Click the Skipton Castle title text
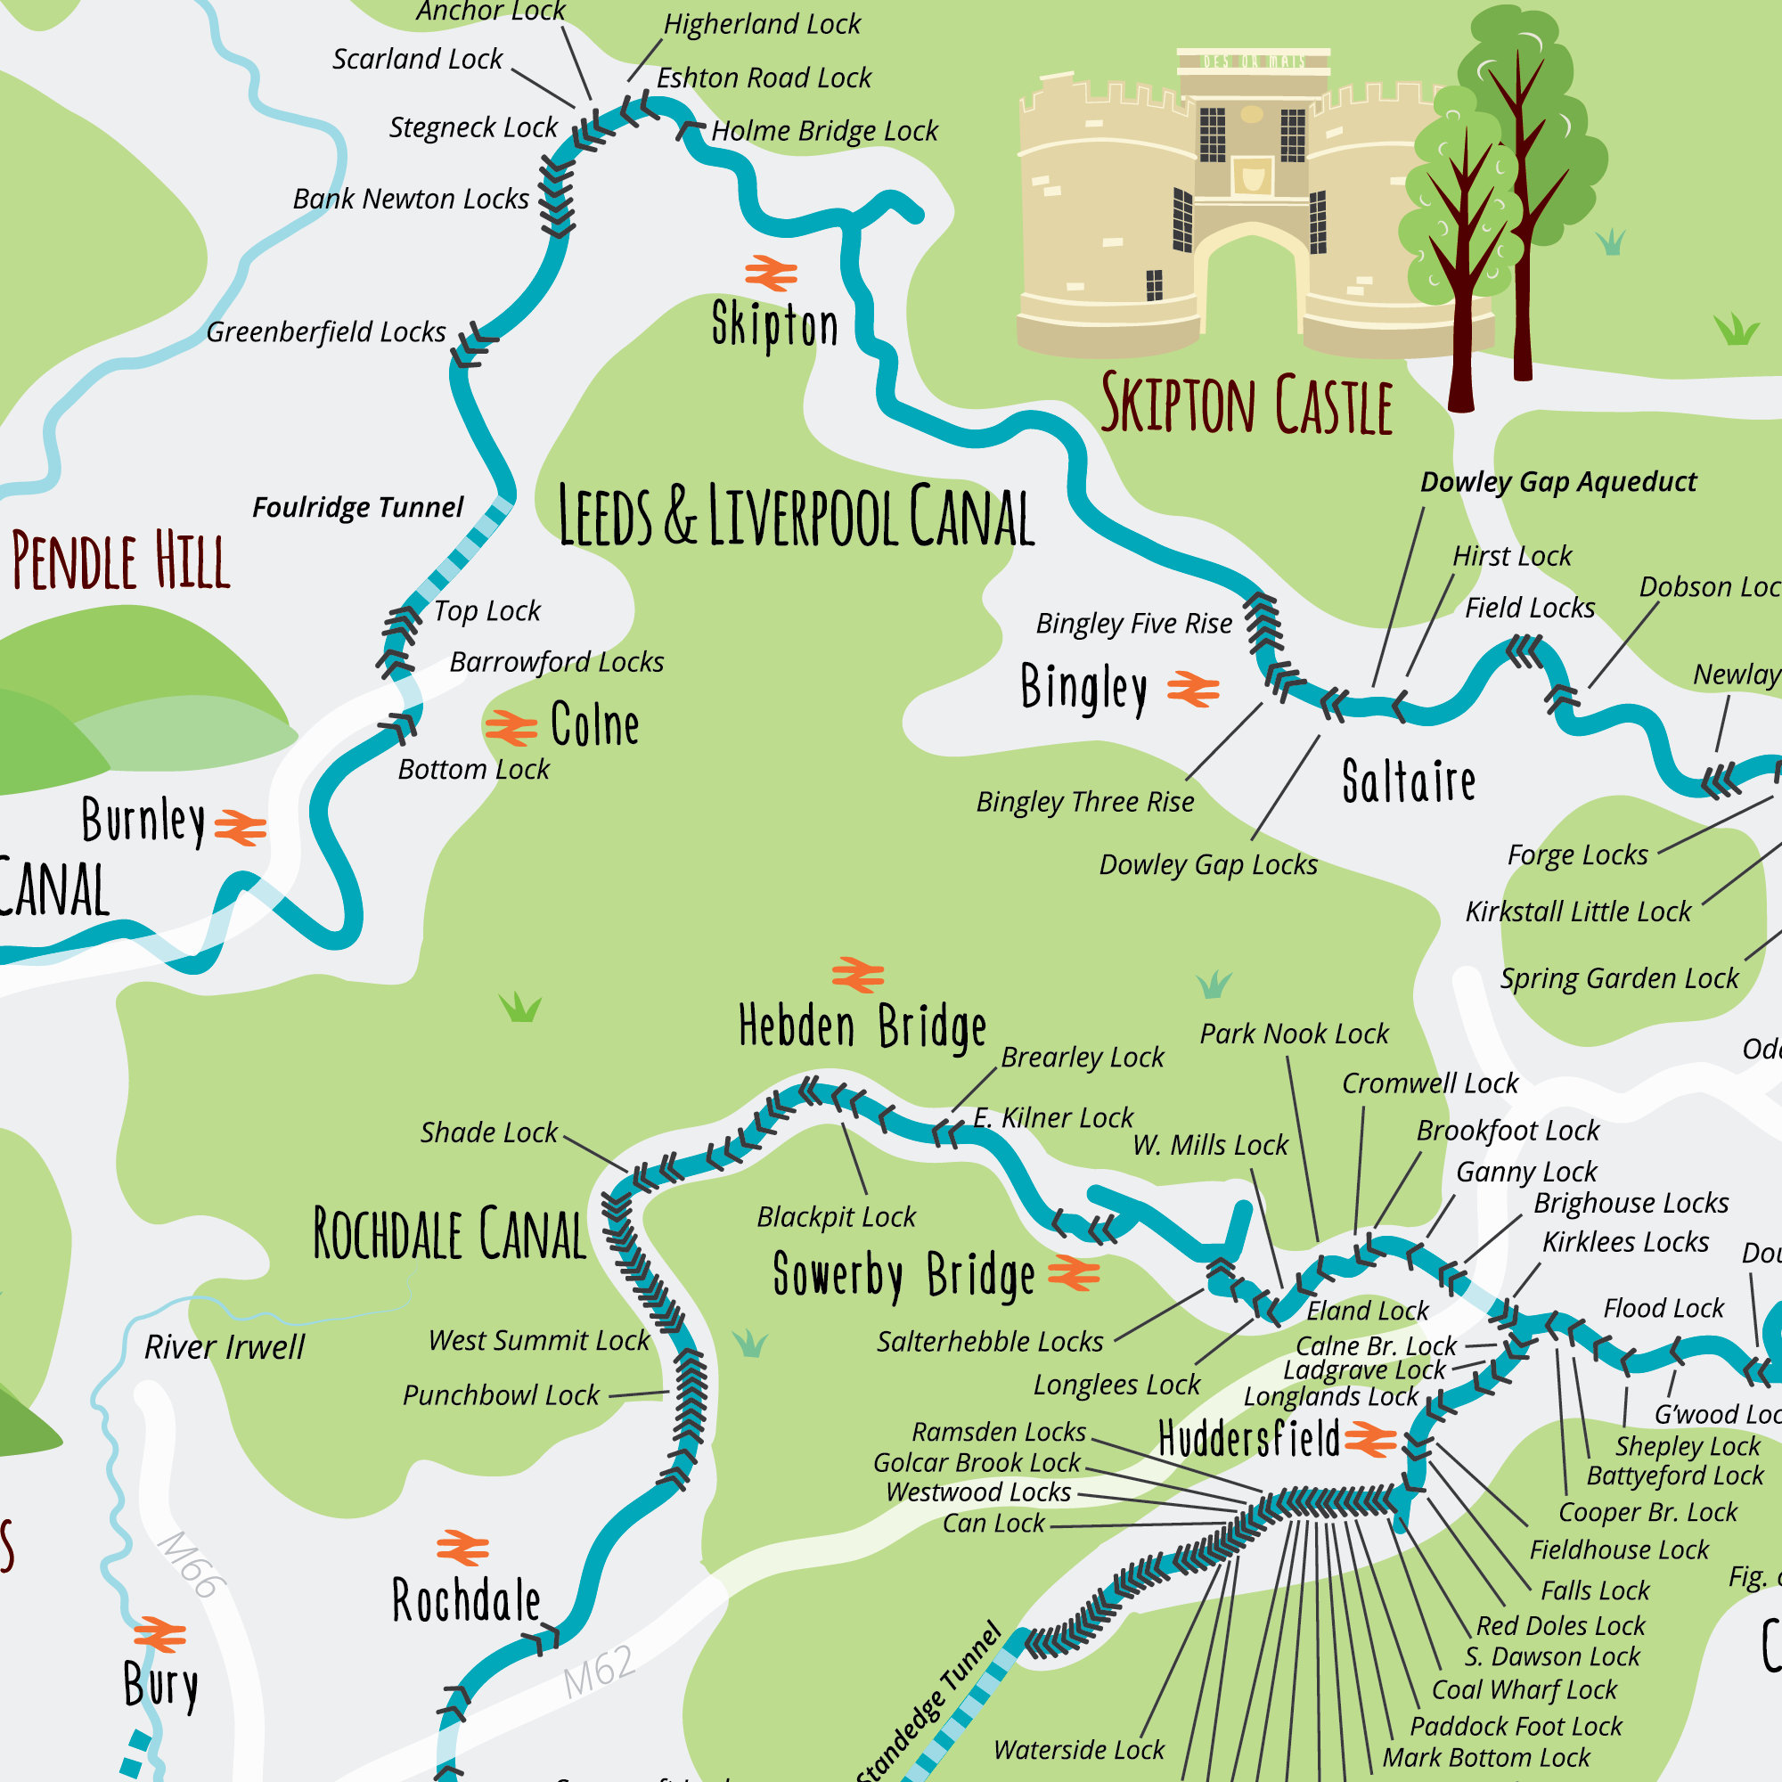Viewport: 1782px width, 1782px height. [x=1247, y=404]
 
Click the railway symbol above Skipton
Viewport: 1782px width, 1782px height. [x=771, y=273]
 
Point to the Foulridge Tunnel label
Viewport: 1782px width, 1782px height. [x=358, y=507]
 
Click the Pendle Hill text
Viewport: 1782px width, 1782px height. [x=120, y=560]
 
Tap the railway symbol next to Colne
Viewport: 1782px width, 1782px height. [x=511, y=728]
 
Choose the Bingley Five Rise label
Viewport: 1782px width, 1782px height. [x=1133, y=624]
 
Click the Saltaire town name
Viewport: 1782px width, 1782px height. [x=1409, y=781]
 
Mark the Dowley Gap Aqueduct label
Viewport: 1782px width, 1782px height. [x=1557, y=481]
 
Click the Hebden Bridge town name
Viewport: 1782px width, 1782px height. [x=862, y=1026]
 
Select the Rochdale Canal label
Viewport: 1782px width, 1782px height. [x=450, y=1234]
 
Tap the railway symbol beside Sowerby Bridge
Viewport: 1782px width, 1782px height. [x=1074, y=1274]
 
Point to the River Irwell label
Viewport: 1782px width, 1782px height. [x=225, y=1347]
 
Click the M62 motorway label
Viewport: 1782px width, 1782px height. [x=601, y=1671]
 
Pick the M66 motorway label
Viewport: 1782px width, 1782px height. [x=191, y=1565]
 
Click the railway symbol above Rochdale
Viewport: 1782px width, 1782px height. [x=462, y=1549]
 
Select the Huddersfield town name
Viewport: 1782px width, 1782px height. [x=1249, y=1440]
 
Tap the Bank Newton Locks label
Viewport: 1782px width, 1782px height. [x=411, y=200]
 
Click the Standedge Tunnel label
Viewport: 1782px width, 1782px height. [x=928, y=1703]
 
